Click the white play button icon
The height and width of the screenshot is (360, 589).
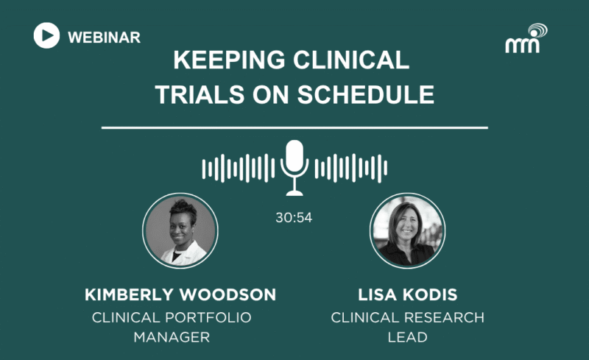(x=46, y=35)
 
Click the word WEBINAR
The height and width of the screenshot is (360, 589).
(x=104, y=38)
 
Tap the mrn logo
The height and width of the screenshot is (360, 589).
(x=526, y=38)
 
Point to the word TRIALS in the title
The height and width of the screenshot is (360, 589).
(x=200, y=94)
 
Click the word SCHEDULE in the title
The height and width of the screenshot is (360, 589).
(x=366, y=94)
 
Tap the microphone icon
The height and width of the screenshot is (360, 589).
(x=294, y=168)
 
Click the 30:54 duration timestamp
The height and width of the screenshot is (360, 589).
(x=294, y=218)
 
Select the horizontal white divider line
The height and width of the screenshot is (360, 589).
(x=294, y=128)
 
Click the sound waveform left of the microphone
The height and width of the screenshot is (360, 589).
(x=239, y=168)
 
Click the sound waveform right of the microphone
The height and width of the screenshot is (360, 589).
(x=351, y=168)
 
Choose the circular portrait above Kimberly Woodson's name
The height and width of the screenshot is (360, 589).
(x=180, y=230)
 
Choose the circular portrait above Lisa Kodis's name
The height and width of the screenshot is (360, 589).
(x=408, y=230)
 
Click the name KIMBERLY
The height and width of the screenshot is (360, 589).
(x=130, y=295)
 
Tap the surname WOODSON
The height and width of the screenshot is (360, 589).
(x=228, y=295)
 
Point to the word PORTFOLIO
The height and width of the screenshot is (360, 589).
(x=214, y=317)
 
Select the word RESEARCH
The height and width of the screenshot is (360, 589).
(x=446, y=317)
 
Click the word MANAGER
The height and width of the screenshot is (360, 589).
(x=172, y=337)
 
